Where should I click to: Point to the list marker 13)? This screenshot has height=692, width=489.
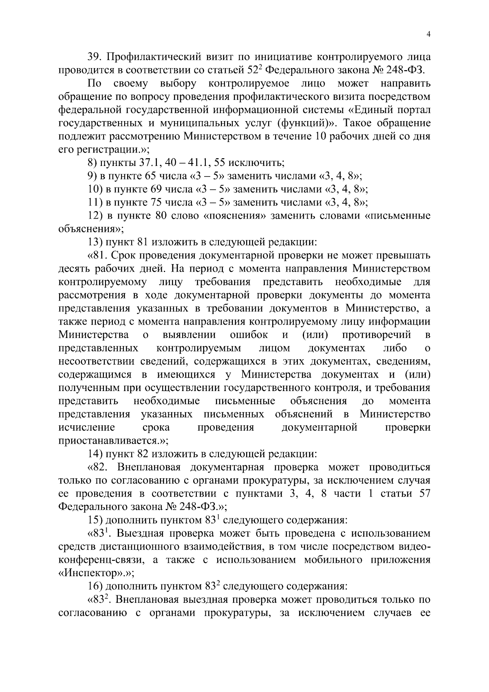[96, 242]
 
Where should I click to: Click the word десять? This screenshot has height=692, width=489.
[73, 269]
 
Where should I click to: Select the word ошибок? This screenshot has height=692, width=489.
[249, 335]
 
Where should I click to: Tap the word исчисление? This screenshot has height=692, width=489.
[87, 428]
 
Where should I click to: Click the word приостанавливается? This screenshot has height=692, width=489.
[108, 441]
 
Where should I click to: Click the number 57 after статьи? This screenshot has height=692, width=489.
[423, 493]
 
